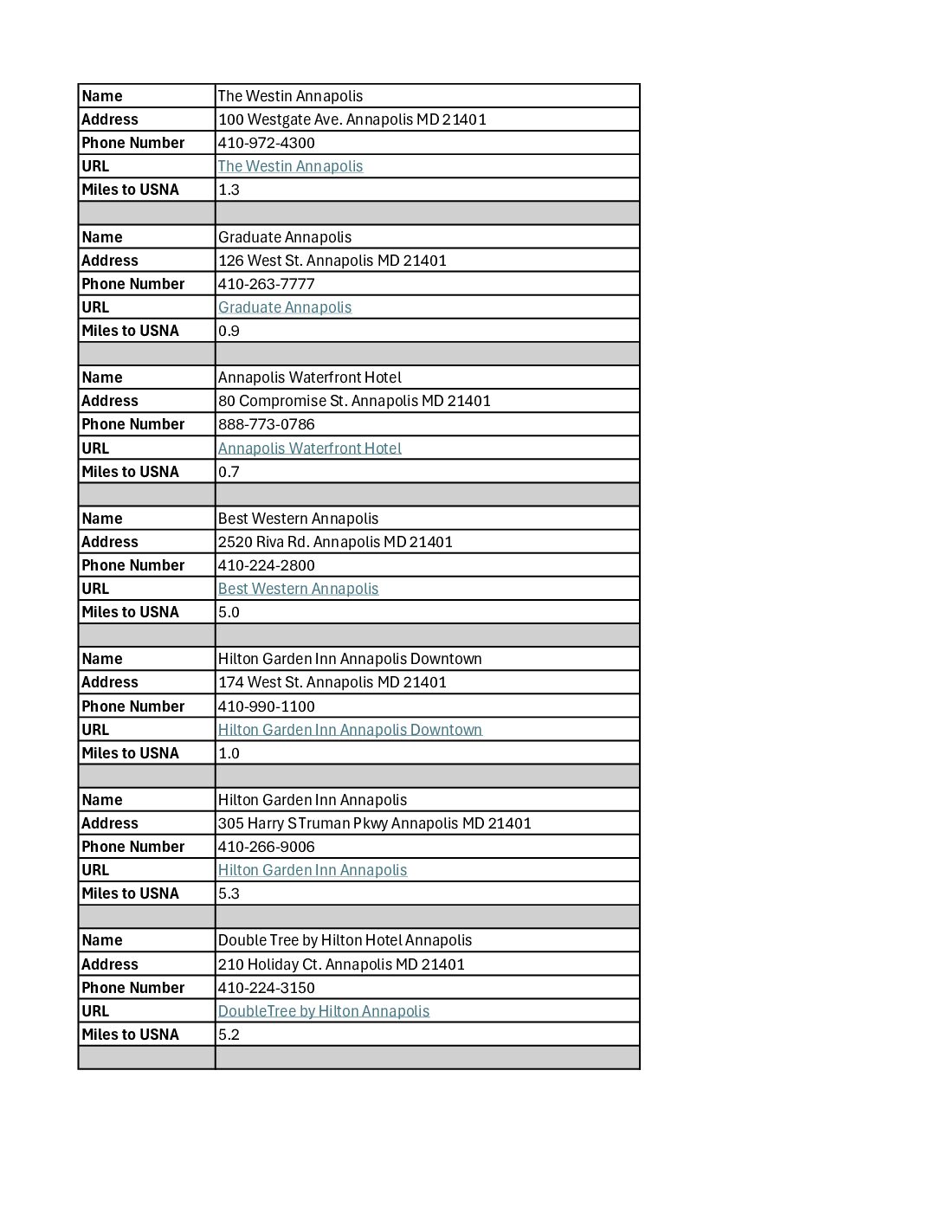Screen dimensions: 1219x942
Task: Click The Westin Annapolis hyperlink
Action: (x=290, y=166)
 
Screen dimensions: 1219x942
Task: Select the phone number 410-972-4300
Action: (x=266, y=143)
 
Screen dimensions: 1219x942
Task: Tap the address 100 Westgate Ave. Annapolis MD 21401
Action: (x=352, y=119)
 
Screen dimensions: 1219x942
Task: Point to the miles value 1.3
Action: (x=229, y=190)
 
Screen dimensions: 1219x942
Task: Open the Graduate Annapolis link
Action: (x=285, y=307)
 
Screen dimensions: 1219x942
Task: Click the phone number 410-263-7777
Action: (x=266, y=284)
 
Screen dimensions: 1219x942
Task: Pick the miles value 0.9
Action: (x=229, y=331)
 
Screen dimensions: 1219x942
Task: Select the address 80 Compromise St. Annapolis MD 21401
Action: (x=354, y=401)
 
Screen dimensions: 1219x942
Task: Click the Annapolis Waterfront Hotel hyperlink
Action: (x=309, y=448)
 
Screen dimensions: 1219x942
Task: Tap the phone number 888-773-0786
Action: (x=266, y=424)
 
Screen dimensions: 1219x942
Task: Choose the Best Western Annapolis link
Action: (x=298, y=589)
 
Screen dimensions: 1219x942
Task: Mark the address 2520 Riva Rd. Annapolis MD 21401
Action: (x=335, y=542)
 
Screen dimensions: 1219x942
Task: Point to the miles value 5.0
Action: (x=229, y=612)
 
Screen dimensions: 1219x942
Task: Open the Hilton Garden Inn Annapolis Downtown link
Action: (x=350, y=730)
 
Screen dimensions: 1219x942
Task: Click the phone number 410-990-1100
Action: (x=266, y=706)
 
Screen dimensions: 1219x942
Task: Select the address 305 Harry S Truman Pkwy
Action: (x=374, y=823)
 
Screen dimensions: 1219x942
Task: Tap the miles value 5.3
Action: (x=229, y=893)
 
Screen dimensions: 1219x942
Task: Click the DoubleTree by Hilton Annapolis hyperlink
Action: (x=323, y=1011)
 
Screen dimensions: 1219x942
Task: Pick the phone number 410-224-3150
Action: (x=266, y=988)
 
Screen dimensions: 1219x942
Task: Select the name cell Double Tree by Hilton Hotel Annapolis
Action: (x=345, y=940)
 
